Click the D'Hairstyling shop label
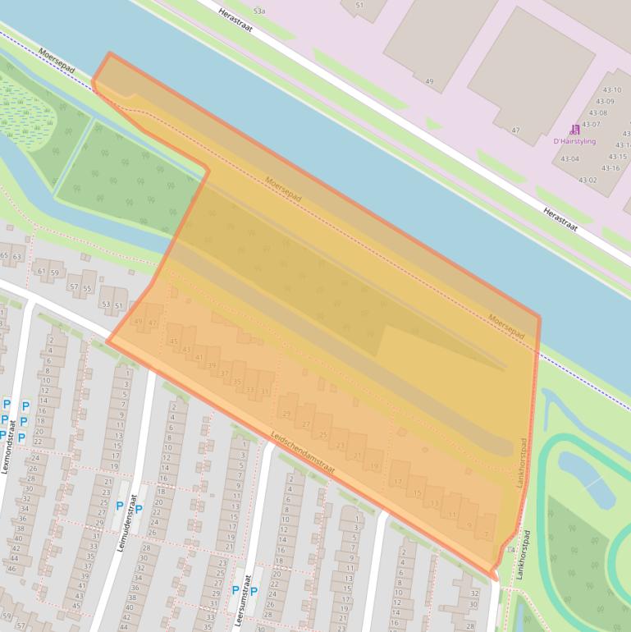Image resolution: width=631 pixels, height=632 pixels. click(574, 141)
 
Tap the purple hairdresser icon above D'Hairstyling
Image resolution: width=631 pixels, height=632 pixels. click(574, 129)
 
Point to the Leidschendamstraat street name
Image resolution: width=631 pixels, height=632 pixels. click(304, 452)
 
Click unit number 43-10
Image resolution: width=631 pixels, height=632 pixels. click(612, 89)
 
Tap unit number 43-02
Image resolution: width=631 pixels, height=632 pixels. click(588, 180)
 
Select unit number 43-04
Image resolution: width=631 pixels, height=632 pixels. click(569, 159)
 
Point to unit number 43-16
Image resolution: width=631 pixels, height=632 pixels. click(610, 168)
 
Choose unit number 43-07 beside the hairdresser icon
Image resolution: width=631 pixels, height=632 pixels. click(591, 125)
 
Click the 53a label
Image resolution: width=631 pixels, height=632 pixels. click(259, 11)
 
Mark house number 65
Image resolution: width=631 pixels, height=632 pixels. click(5, 256)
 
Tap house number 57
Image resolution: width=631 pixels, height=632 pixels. click(74, 287)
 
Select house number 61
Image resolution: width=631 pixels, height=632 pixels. click(42, 271)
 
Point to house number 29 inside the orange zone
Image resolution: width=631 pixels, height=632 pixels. click(286, 414)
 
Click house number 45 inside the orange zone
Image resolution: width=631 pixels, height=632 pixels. click(173, 341)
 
